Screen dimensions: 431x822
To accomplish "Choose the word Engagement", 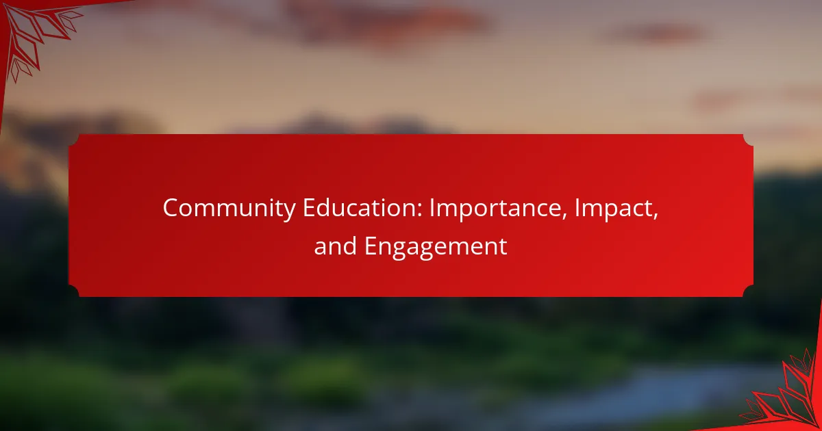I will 436,246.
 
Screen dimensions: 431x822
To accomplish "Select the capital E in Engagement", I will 370,246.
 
